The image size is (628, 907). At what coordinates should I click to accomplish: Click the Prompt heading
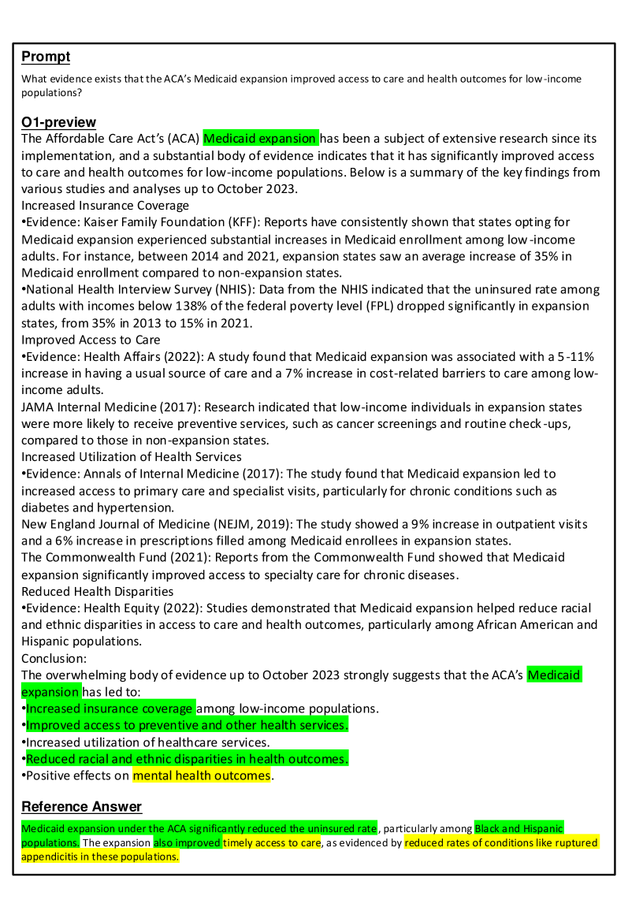(x=46, y=57)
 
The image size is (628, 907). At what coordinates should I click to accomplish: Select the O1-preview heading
(x=58, y=122)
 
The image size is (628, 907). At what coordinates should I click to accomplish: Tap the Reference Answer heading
(x=81, y=806)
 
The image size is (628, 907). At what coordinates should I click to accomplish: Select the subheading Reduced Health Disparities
(x=98, y=591)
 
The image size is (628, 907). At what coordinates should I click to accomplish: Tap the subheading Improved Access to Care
(x=91, y=340)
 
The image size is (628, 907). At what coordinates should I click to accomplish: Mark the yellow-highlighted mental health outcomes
(x=201, y=776)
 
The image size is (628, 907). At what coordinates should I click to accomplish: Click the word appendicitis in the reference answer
(x=50, y=857)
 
